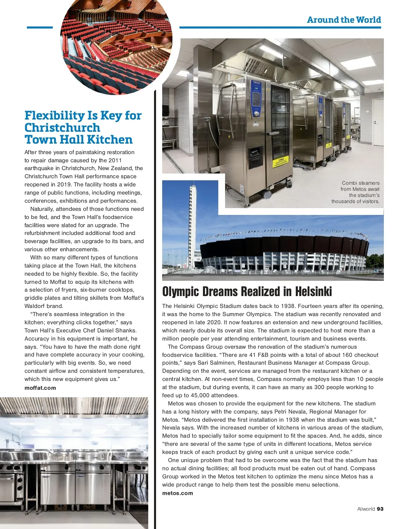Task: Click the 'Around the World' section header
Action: click(x=344, y=20)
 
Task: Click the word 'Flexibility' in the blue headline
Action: click(x=55, y=116)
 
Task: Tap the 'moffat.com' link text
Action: click(x=40, y=388)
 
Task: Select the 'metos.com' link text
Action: click(x=177, y=493)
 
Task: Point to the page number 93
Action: click(x=380, y=509)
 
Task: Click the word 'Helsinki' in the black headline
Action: click(x=313, y=292)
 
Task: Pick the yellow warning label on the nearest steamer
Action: click(x=282, y=161)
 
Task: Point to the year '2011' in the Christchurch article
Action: click(x=115, y=160)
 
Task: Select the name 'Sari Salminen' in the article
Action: click(x=215, y=363)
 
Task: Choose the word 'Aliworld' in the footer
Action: click(x=366, y=509)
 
